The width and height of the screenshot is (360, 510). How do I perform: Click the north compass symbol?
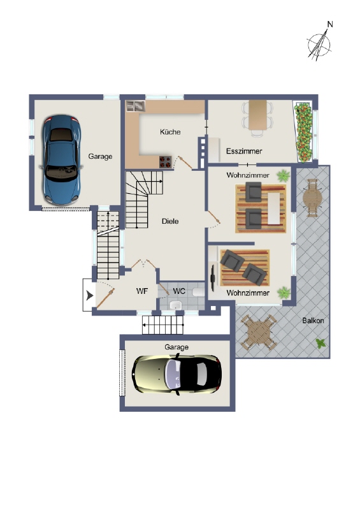tap(320, 43)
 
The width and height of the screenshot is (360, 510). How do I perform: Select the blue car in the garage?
tap(62, 157)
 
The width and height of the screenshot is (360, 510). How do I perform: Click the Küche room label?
tap(170, 132)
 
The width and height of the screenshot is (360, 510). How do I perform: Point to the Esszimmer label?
tap(244, 152)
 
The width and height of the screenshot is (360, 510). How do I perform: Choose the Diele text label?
tap(170, 221)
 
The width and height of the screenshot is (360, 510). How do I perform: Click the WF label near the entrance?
tap(142, 291)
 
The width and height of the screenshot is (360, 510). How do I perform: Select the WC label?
tap(180, 291)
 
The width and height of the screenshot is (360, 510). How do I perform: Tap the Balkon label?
tap(313, 321)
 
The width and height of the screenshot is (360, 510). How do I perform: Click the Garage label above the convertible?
tap(176, 347)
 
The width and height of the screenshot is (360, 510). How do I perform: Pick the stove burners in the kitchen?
tap(166, 162)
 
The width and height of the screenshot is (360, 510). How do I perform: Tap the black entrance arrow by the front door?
tap(89, 296)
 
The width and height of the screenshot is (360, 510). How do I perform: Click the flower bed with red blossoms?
tap(305, 131)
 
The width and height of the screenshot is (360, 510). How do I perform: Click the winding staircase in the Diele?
tap(141, 198)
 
